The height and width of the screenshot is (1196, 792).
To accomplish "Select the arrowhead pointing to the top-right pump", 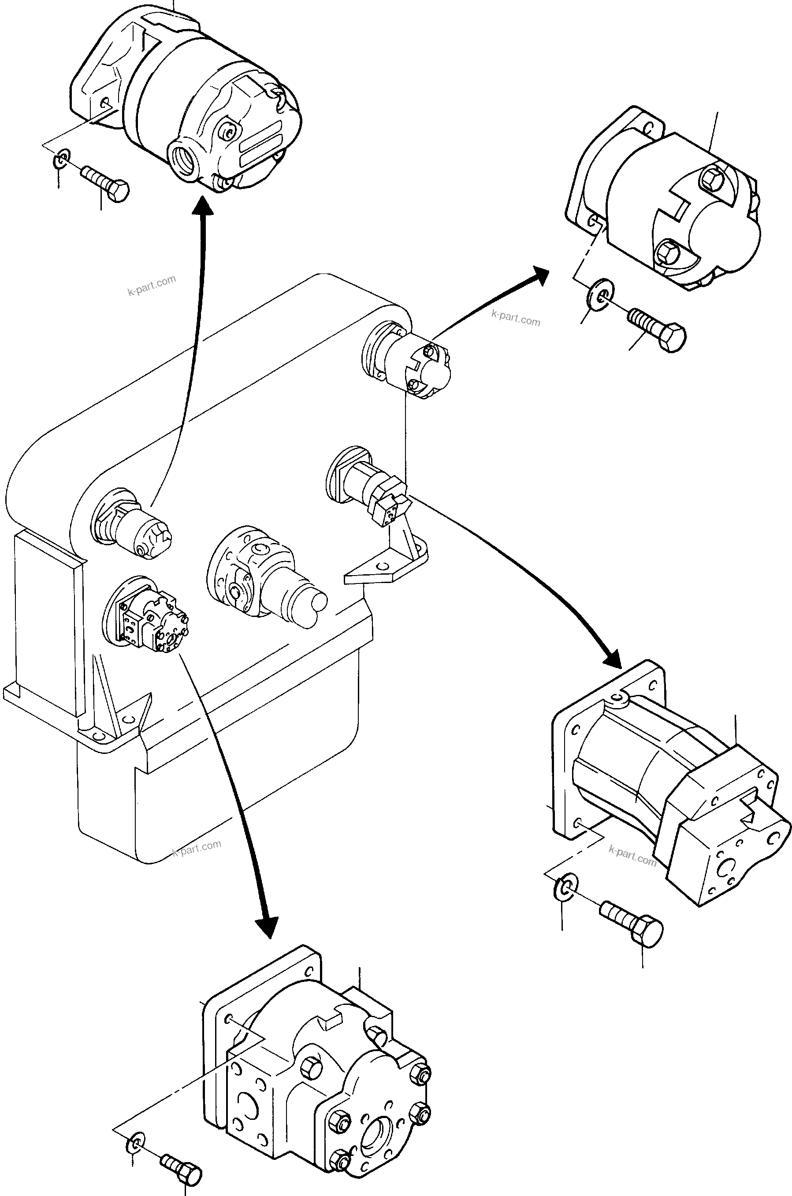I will pos(539,277).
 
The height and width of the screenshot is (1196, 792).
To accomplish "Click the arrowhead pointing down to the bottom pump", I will pos(266,926).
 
